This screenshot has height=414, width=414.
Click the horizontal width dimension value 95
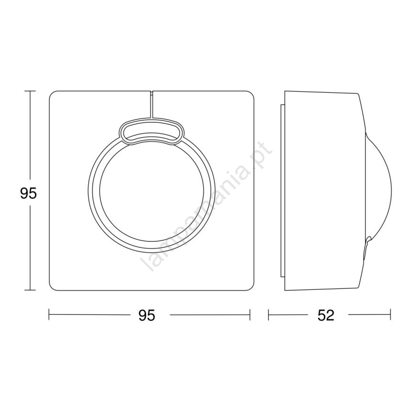click(x=147, y=315)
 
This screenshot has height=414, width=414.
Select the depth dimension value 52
click(x=326, y=315)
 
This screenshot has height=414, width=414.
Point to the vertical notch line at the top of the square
click(x=151, y=105)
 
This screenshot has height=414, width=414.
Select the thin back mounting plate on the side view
click(x=282, y=191)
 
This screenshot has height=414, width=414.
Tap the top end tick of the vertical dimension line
click(x=30, y=91)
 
